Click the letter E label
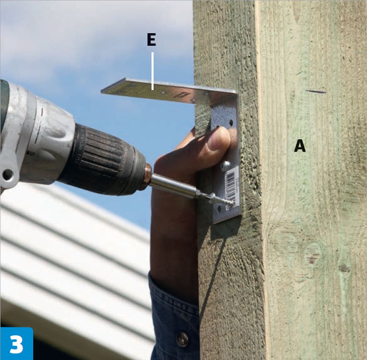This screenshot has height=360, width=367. click(152, 39)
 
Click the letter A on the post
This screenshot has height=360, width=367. click(300, 145)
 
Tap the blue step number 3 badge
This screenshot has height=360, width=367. click(17, 343)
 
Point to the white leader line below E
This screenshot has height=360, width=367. click(153, 71)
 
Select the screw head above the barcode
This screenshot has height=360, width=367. click(225, 165)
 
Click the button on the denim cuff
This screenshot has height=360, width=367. click(182, 339)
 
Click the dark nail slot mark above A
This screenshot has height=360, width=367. click(316, 92)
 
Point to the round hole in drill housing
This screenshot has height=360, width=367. click(8, 174)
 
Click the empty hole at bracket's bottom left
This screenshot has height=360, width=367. click(219, 209)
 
